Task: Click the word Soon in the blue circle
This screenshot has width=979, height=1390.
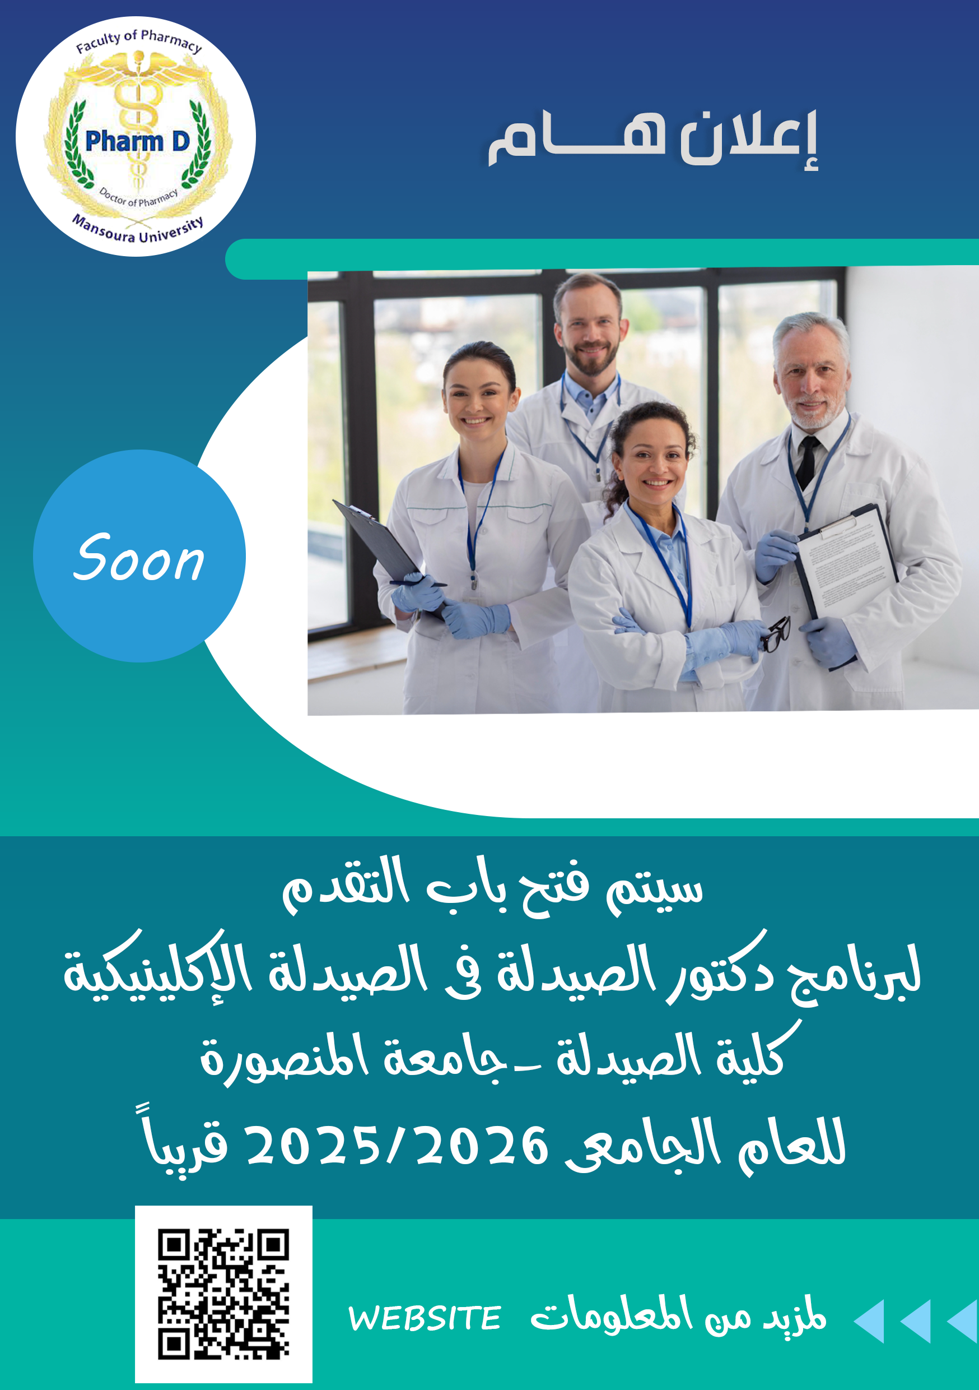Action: [x=138, y=558]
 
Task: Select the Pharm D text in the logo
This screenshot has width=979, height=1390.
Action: [x=138, y=141]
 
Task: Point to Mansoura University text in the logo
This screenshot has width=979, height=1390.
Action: [x=138, y=228]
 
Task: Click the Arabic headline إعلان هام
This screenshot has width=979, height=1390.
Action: [x=653, y=138]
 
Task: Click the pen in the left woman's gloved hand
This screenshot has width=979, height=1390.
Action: [x=417, y=583]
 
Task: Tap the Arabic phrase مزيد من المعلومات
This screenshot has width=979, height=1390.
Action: [x=678, y=1317]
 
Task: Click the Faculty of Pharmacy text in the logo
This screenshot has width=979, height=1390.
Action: [x=138, y=40]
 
